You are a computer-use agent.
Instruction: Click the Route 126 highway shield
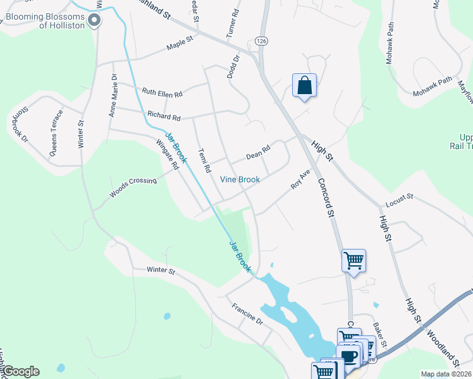pos(261,40)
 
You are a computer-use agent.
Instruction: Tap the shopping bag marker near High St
pos(304,86)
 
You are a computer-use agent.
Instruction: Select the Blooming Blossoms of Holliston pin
pos(95,20)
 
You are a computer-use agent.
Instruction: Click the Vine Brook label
pos(240,179)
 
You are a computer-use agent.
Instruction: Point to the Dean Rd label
pos(258,152)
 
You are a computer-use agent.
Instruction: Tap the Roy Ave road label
pos(300,179)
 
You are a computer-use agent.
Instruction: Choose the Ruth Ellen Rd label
pos(162,92)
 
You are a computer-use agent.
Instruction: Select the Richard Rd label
pos(164,116)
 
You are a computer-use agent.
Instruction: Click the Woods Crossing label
pos(133,187)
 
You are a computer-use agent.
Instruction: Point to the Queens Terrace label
pos(56,133)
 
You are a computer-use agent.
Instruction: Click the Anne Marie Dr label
pos(113,95)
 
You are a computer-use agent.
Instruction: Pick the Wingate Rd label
pos(167,153)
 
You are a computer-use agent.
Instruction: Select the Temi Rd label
pos(204,161)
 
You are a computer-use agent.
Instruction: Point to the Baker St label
pos(380,330)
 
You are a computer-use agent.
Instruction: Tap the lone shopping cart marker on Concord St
pos(353,260)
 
